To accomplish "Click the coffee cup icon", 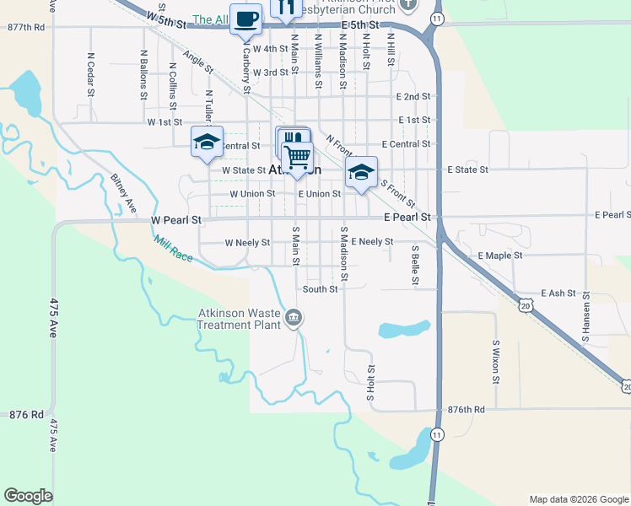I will tap(246, 19).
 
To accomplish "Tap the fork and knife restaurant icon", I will tap(286, 8).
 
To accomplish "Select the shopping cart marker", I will tap(297, 157).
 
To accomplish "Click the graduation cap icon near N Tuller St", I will tap(206, 143).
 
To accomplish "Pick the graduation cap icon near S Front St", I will tap(360, 173).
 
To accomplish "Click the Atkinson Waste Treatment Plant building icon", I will tap(293, 318).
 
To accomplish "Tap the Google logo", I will tap(28, 496).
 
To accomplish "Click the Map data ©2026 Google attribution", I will tap(579, 499).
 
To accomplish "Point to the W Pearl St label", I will tap(176, 220).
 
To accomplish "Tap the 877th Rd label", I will tap(25, 28).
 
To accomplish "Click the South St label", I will tap(321, 289).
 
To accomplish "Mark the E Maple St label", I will tap(500, 255).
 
